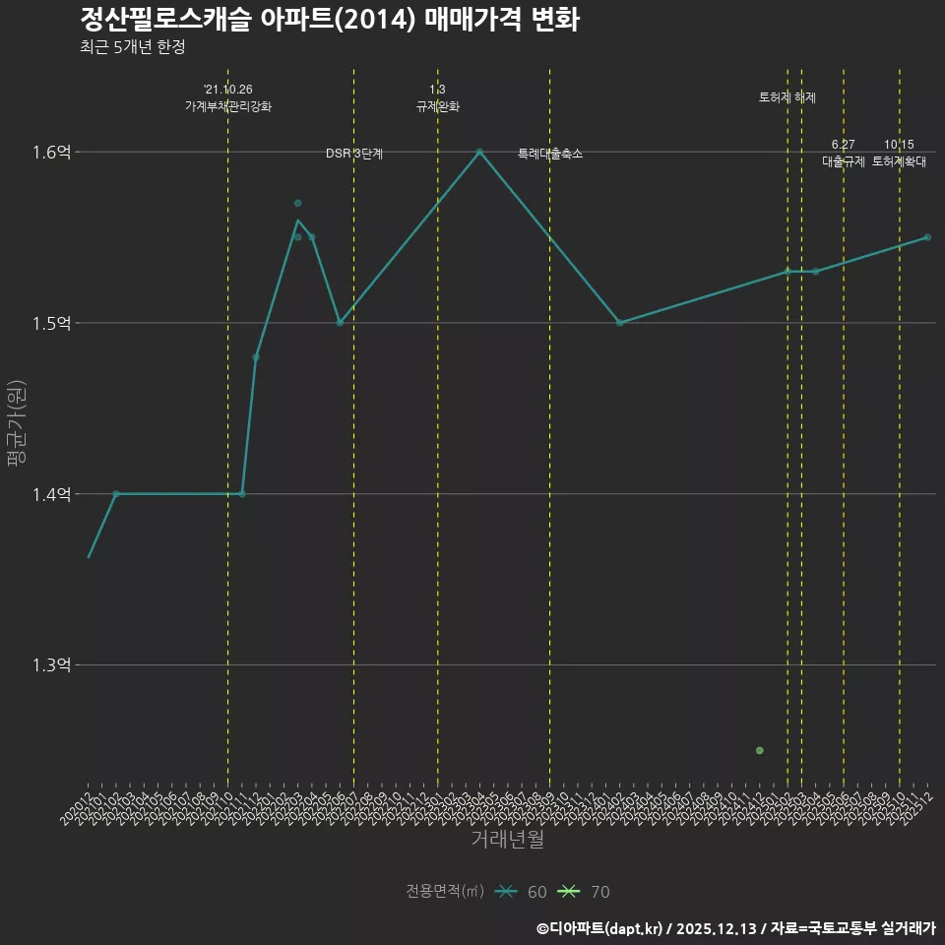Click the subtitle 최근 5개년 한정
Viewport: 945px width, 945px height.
pos(132,47)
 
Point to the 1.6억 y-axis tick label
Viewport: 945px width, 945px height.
pos(52,153)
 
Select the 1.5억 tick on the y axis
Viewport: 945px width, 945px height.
pos(52,324)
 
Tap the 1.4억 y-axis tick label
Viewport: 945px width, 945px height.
pos(52,494)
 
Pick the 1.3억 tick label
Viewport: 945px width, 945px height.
pos(52,665)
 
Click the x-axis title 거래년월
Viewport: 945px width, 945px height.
pos(507,840)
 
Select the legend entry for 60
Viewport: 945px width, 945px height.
pos(522,892)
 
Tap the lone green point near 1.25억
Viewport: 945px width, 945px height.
pos(759,751)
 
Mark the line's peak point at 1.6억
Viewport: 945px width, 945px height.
pos(479,152)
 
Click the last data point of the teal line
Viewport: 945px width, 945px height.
pos(927,237)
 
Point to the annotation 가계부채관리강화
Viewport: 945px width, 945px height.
pos(228,106)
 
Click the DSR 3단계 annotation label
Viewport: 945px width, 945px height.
pos(354,154)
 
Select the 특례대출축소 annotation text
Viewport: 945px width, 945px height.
pos(550,154)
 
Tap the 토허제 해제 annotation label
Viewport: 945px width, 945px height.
pos(787,97)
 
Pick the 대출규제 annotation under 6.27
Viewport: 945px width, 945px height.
pos(844,161)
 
